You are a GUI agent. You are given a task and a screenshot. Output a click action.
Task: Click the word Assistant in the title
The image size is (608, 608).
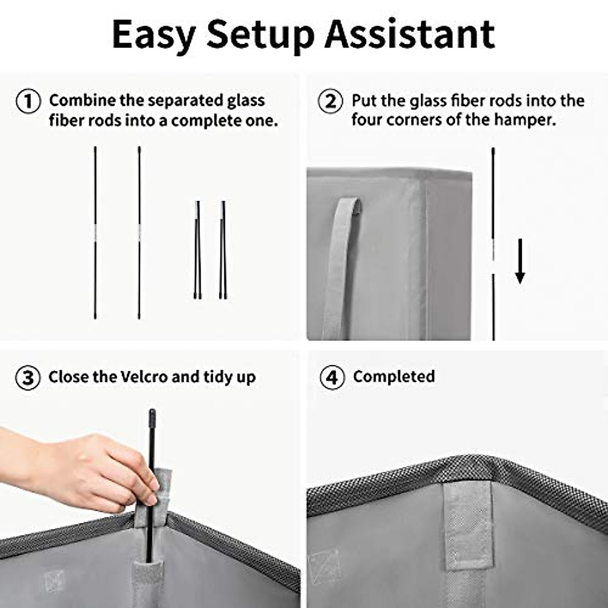(x=409, y=34)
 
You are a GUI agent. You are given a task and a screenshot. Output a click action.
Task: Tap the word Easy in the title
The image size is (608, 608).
(x=154, y=35)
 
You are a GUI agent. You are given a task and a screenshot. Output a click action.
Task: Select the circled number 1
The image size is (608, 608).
(x=29, y=101)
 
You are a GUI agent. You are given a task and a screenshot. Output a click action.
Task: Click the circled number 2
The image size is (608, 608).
(x=330, y=101)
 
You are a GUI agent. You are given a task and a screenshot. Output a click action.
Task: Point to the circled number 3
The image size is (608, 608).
(x=28, y=378)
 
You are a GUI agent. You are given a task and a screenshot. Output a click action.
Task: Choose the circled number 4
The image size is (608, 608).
(x=332, y=378)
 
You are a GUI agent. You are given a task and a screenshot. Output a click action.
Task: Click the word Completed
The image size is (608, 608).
(x=394, y=376)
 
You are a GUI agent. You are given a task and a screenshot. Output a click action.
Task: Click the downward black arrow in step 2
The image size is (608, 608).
(x=520, y=261)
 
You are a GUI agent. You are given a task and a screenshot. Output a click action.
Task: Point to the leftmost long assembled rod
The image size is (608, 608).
(x=95, y=233)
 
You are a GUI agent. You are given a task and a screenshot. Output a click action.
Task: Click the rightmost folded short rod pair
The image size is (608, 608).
(x=223, y=251)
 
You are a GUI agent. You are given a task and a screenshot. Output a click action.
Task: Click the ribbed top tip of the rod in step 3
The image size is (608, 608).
(x=151, y=419)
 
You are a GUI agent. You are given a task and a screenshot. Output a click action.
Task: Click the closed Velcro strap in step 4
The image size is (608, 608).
(x=470, y=527)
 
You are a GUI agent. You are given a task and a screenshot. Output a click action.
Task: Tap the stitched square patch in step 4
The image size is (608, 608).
(x=324, y=567)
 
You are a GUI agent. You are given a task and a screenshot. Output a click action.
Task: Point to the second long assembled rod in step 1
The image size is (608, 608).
(x=139, y=233)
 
